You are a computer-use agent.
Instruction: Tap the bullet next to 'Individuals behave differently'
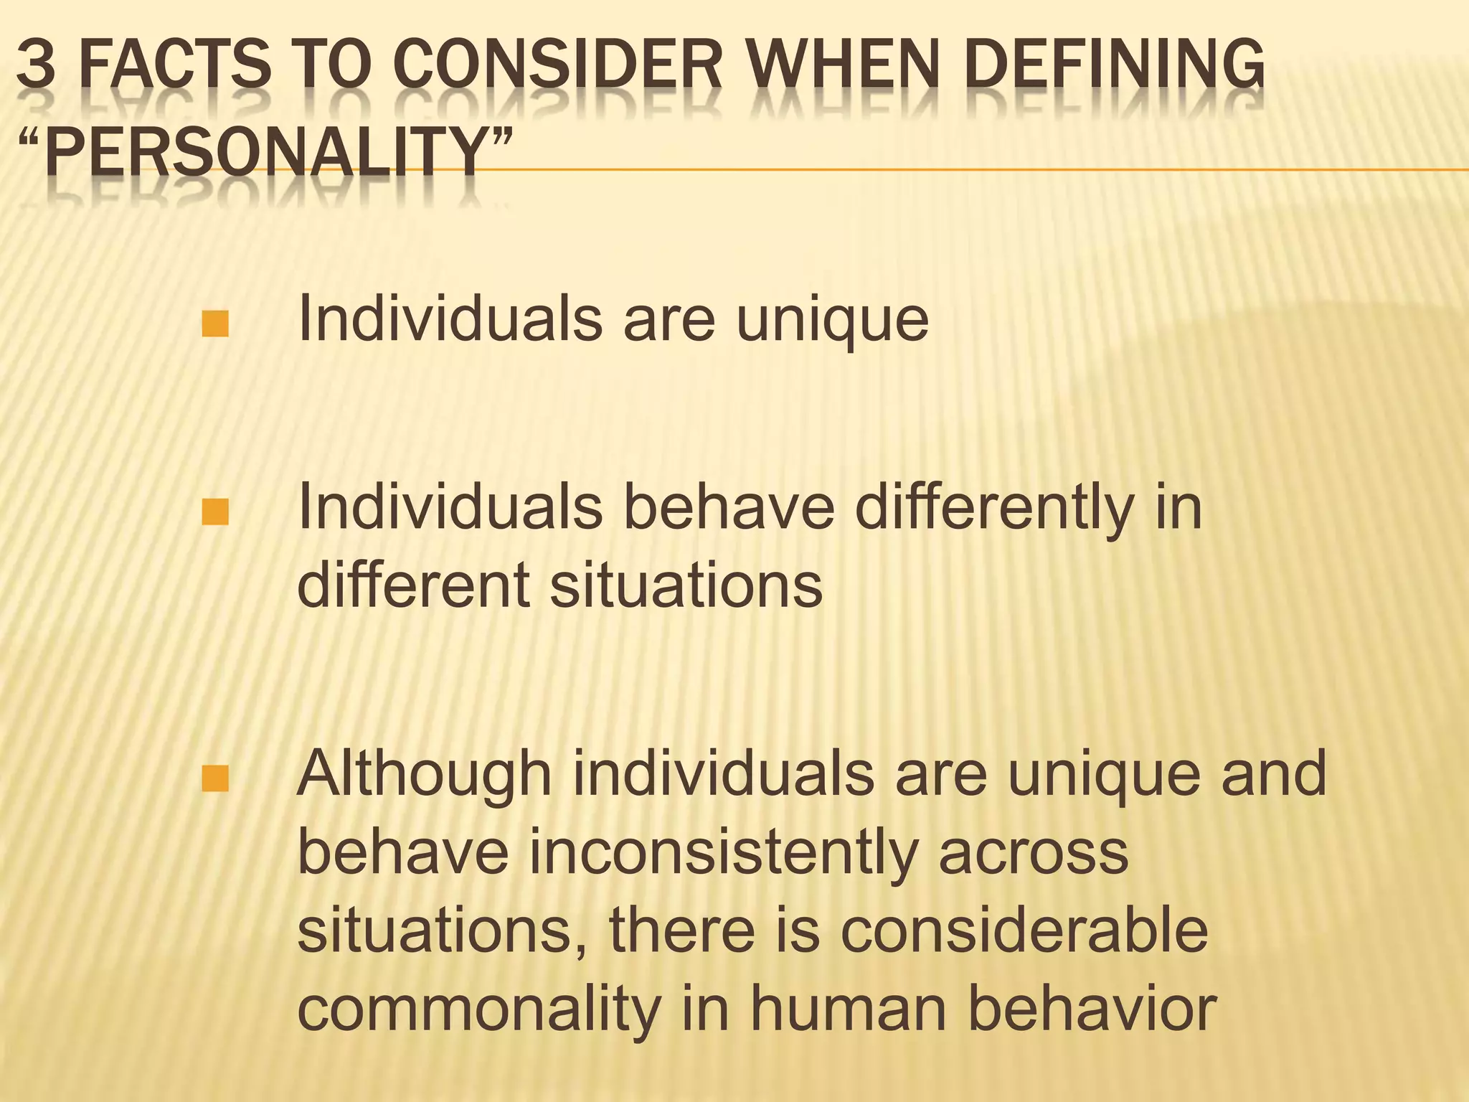click(215, 512)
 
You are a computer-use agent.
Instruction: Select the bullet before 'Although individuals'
click(215, 779)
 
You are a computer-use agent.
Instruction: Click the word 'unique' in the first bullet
click(832, 319)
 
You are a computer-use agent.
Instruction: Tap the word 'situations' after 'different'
click(685, 585)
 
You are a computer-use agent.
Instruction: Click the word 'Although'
click(424, 775)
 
